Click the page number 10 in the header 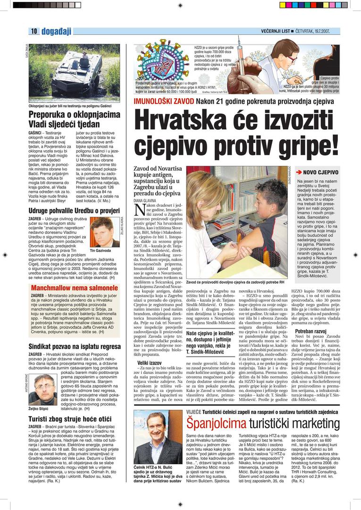click(x=34, y=31)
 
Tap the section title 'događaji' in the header click(x=56, y=31)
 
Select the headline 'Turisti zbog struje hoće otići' click(x=69, y=418)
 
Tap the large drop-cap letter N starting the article click(x=140, y=212)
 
